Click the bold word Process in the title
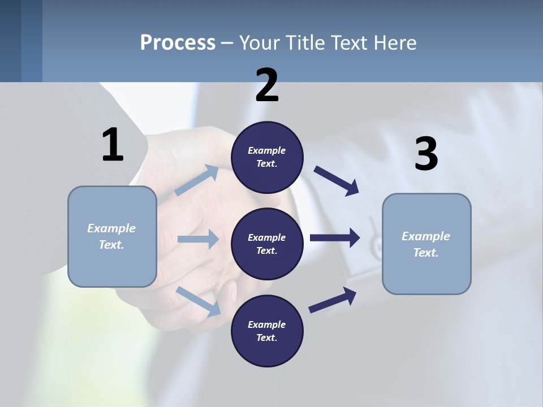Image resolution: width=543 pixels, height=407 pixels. [178, 42]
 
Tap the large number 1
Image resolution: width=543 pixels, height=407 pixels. [113, 145]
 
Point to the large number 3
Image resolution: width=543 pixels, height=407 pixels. [426, 154]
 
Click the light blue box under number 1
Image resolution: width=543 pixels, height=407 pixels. [112, 236]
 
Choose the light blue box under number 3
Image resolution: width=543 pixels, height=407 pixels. [426, 244]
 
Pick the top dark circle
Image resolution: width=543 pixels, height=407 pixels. [267, 157]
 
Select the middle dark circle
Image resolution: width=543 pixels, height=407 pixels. [267, 244]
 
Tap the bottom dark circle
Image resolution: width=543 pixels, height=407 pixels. [267, 331]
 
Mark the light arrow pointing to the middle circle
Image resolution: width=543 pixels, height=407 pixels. [197, 239]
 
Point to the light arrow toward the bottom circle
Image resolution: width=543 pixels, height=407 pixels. [198, 301]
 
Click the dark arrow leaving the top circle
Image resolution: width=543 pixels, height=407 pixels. [337, 180]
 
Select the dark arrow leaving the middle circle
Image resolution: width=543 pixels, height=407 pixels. [334, 237]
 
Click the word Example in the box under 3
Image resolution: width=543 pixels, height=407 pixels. [426, 236]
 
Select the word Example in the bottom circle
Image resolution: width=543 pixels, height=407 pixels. [267, 324]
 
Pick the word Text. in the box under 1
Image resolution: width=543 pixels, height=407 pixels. [112, 245]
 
